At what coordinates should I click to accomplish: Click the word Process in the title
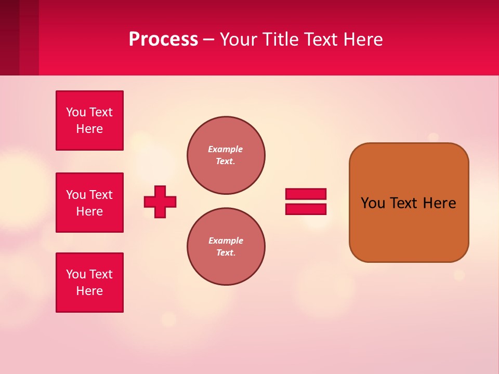pyautogui.click(x=163, y=39)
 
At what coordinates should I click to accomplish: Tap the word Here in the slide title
pyautogui.click(x=363, y=39)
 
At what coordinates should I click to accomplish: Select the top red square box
pyautogui.click(x=89, y=121)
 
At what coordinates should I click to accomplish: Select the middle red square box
pyautogui.click(x=89, y=203)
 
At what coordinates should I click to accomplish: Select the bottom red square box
pyautogui.click(x=89, y=283)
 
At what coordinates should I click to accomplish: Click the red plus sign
pyautogui.click(x=160, y=202)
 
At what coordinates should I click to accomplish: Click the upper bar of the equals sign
pyautogui.click(x=306, y=194)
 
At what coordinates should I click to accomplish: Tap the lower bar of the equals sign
pyautogui.click(x=306, y=209)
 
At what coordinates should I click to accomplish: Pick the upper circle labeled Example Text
pyautogui.click(x=226, y=155)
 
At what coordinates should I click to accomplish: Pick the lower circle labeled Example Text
pyautogui.click(x=226, y=246)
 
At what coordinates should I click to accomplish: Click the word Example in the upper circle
pyautogui.click(x=225, y=149)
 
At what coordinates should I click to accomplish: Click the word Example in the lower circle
pyautogui.click(x=226, y=241)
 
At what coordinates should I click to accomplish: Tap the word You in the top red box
pyautogui.click(x=76, y=112)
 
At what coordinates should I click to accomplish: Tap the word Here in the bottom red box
pyautogui.click(x=89, y=291)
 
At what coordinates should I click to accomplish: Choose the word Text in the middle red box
pyautogui.click(x=101, y=195)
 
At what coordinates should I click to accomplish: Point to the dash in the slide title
pyautogui.click(x=208, y=39)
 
